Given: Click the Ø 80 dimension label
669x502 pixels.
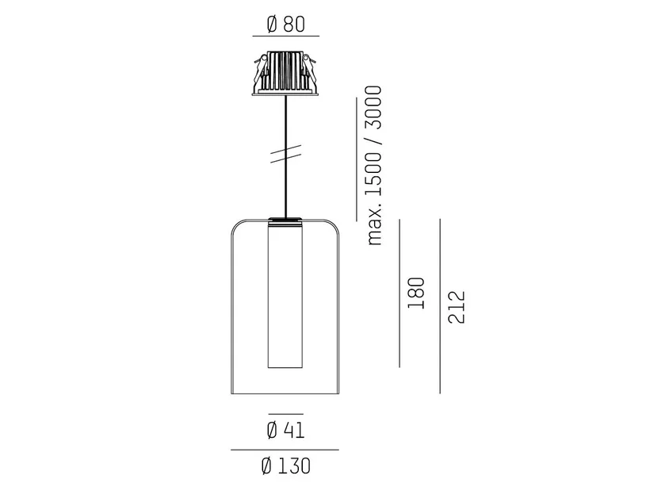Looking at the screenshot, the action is click(286, 24).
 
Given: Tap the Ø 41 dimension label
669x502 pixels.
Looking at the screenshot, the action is click(286, 430).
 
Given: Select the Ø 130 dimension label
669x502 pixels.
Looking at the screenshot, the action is click(286, 466).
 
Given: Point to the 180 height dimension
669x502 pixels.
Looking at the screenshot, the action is click(416, 293).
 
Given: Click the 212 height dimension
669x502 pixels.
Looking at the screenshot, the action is click(456, 307).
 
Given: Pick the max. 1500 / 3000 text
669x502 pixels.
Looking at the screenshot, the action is click(374, 166).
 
